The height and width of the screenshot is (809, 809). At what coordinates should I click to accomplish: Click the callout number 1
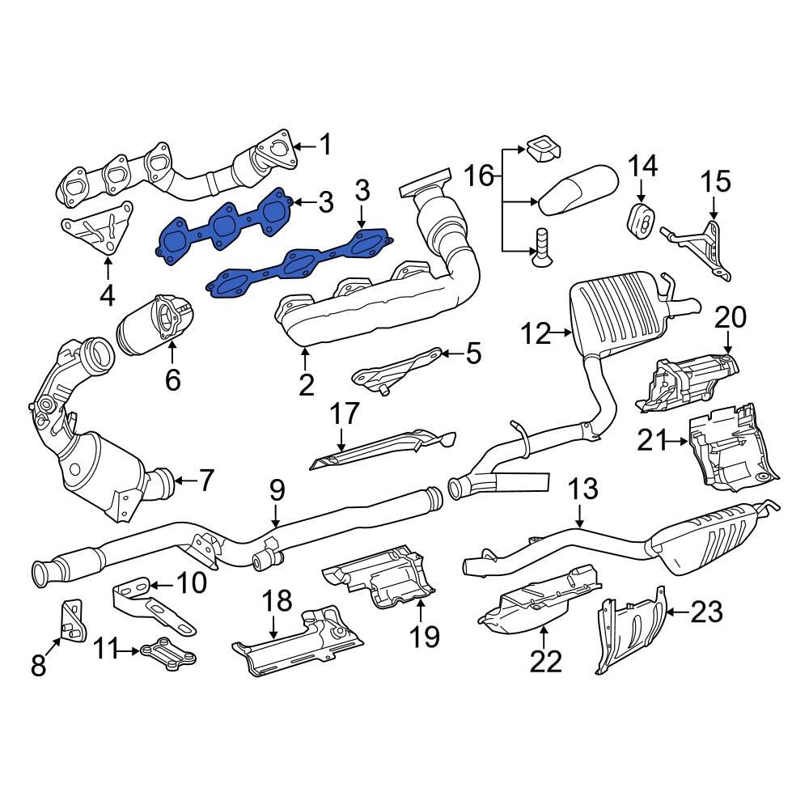pyautogui.click(x=324, y=146)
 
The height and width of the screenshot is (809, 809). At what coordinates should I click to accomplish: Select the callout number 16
pyautogui.click(x=478, y=174)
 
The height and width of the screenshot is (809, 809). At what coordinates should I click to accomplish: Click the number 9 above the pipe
pyautogui.click(x=277, y=489)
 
